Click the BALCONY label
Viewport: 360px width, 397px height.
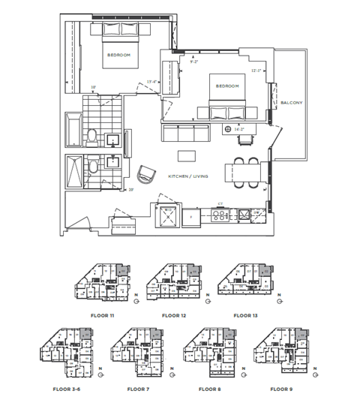pos(291,104)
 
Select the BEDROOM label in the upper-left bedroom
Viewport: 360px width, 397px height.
pos(119,56)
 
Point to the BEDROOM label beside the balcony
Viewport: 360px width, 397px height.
pos(227,86)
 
